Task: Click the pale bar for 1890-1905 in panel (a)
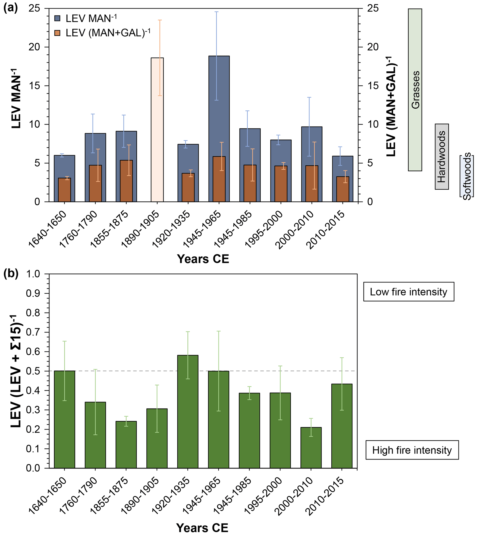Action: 157,130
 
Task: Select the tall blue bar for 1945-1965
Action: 219,105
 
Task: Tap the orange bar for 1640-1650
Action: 64,190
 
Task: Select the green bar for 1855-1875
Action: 126,444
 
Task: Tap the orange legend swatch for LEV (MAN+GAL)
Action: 57,33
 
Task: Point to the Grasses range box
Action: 415,90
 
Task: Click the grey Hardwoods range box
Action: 442,157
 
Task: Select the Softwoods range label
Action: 467,176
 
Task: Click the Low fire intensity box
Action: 409,292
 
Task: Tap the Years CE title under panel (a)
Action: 203,259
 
